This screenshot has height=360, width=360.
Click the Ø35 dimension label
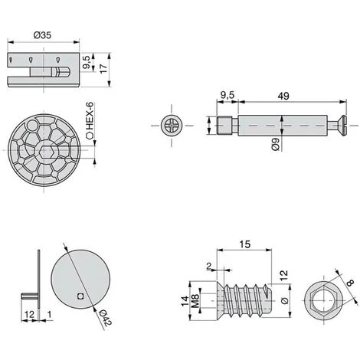point(42,35)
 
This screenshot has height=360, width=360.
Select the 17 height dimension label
point(103,69)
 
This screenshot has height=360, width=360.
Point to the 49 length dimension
point(283,96)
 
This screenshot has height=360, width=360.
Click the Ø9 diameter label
point(276,144)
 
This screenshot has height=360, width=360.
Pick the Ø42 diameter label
point(106,317)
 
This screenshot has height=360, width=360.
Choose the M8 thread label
point(195,301)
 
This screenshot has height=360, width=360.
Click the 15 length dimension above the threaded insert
point(245,244)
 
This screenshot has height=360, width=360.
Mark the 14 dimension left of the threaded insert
point(185,301)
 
